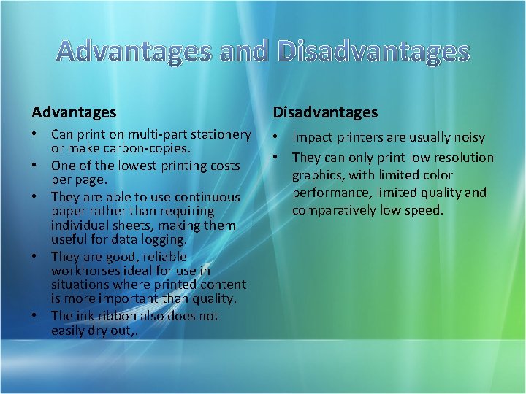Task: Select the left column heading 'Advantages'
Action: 74,112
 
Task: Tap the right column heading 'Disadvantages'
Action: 325,112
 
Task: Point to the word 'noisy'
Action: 468,137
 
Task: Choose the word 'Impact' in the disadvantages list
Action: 312,137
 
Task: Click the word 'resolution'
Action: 464,157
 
